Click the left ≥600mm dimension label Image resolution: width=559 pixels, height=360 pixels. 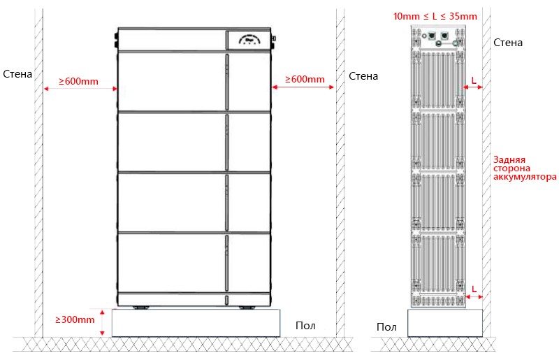78,81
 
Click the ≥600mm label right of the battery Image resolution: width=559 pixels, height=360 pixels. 305,79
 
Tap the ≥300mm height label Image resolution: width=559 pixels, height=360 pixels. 75,319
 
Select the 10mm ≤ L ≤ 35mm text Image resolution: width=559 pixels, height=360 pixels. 435,16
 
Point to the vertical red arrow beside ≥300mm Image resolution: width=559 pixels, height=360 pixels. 102,323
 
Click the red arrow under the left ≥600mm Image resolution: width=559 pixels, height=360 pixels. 80,89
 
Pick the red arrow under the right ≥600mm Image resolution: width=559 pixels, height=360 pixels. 303,87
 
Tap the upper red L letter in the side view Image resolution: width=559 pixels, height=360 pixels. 474,80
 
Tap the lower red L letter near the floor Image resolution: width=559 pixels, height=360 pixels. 474,289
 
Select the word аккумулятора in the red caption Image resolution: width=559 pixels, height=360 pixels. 525,177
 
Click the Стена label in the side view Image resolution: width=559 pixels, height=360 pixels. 508,43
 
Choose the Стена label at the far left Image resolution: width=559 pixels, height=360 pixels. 17,74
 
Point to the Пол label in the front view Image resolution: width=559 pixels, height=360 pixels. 305,325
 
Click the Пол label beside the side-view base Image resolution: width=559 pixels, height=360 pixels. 386,327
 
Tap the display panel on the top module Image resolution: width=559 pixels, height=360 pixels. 248,40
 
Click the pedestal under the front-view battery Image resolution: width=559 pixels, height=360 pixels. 196,323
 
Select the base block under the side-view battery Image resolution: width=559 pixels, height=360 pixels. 445,322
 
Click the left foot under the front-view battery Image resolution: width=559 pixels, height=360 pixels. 141,308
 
